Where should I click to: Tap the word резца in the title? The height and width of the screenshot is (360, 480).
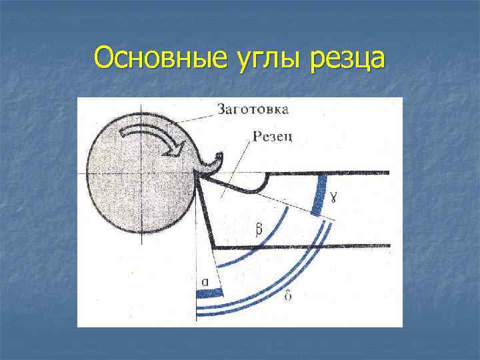click(347, 59)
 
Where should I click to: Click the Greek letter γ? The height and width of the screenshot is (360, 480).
click(334, 195)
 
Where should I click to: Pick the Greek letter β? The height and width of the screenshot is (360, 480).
click(258, 229)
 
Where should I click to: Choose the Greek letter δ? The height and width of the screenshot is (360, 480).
click(287, 295)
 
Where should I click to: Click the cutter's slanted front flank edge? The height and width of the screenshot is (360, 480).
click(204, 210)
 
